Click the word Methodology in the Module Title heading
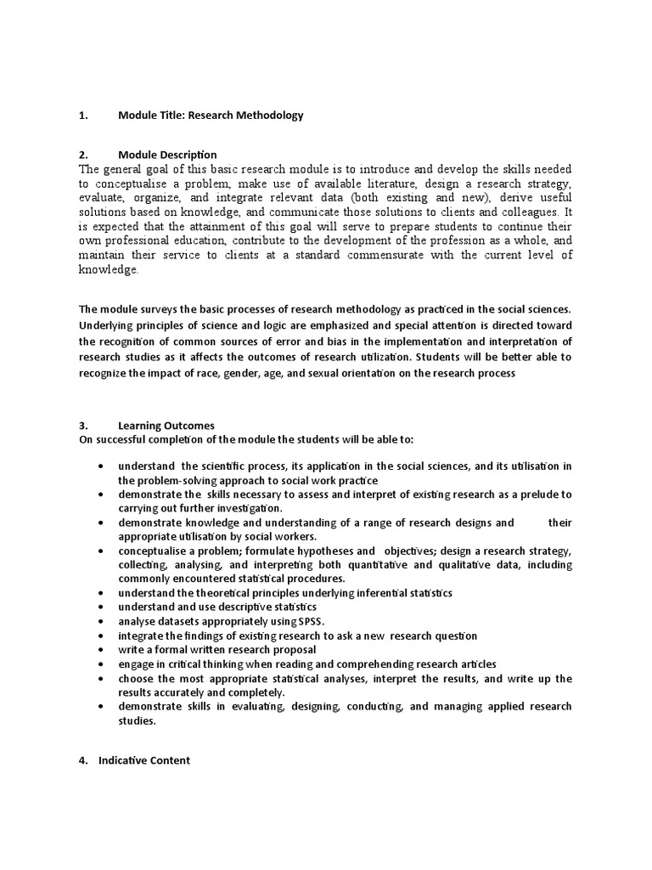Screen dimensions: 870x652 pyautogui.click(x=268, y=115)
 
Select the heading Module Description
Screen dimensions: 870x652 pyautogui.click(x=167, y=155)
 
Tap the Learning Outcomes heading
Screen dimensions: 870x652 pyautogui.click(x=166, y=425)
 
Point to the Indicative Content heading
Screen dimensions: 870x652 pyautogui.click(x=144, y=760)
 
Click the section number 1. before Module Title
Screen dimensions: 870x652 pyautogui.click(x=83, y=115)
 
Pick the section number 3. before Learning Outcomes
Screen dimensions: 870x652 pyautogui.click(x=83, y=425)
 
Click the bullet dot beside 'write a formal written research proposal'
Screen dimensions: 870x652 pyautogui.click(x=102, y=650)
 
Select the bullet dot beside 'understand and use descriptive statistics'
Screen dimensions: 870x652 pyautogui.click(x=102, y=607)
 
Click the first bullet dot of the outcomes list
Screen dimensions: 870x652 pyautogui.click(x=102, y=466)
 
